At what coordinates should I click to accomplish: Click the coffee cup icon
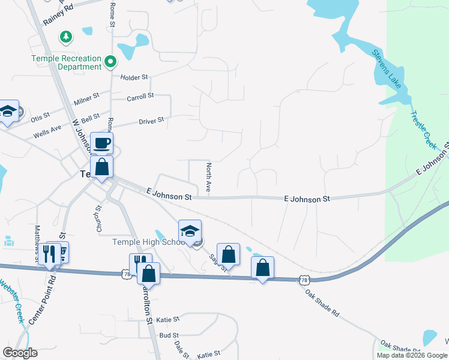101,143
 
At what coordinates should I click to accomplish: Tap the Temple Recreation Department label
67,62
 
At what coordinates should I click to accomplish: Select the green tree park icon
66,37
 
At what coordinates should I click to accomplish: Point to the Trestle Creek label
424,130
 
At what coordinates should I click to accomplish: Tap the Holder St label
134,77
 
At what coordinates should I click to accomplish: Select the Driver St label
151,121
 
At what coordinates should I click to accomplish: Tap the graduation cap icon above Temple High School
190,231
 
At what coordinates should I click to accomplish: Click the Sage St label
217,262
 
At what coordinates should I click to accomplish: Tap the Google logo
20,353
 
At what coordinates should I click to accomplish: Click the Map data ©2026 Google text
412,355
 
